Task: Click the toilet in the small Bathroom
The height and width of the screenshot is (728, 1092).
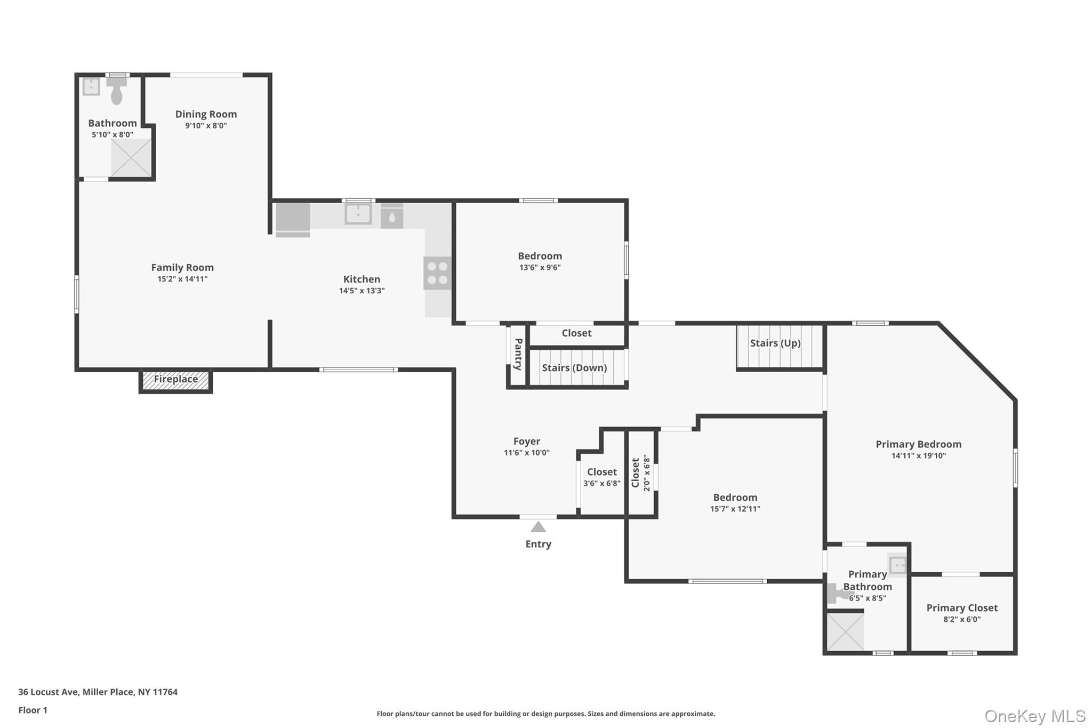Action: point(116,92)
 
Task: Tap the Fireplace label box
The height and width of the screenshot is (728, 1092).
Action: point(175,380)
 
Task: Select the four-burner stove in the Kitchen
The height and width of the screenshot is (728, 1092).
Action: point(437,273)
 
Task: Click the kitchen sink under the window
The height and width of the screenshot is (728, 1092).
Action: point(358,214)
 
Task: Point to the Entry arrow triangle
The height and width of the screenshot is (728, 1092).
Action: point(538,527)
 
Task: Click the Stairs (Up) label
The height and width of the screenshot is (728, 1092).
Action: point(775,343)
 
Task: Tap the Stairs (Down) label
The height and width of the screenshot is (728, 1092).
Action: point(574,368)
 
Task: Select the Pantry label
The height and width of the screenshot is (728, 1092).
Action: point(518,354)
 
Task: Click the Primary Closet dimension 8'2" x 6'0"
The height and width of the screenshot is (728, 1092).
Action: point(961,619)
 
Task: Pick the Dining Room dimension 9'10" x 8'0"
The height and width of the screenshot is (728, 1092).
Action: point(206,126)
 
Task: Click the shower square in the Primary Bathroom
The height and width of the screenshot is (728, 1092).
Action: point(845,631)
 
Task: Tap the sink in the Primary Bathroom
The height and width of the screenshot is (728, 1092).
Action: point(897,564)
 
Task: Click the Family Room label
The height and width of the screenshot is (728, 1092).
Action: point(182,268)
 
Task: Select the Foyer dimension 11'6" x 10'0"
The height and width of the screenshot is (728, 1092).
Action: point(526,453)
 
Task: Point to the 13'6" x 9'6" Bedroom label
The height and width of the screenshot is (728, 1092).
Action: point(540,256)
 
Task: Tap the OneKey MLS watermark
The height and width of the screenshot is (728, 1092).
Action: point(1034,716)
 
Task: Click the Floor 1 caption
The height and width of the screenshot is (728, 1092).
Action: point(33,710)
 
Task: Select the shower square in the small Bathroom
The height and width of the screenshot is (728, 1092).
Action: point(131,157)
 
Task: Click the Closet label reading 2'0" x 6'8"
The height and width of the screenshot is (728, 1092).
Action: point(640,473)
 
